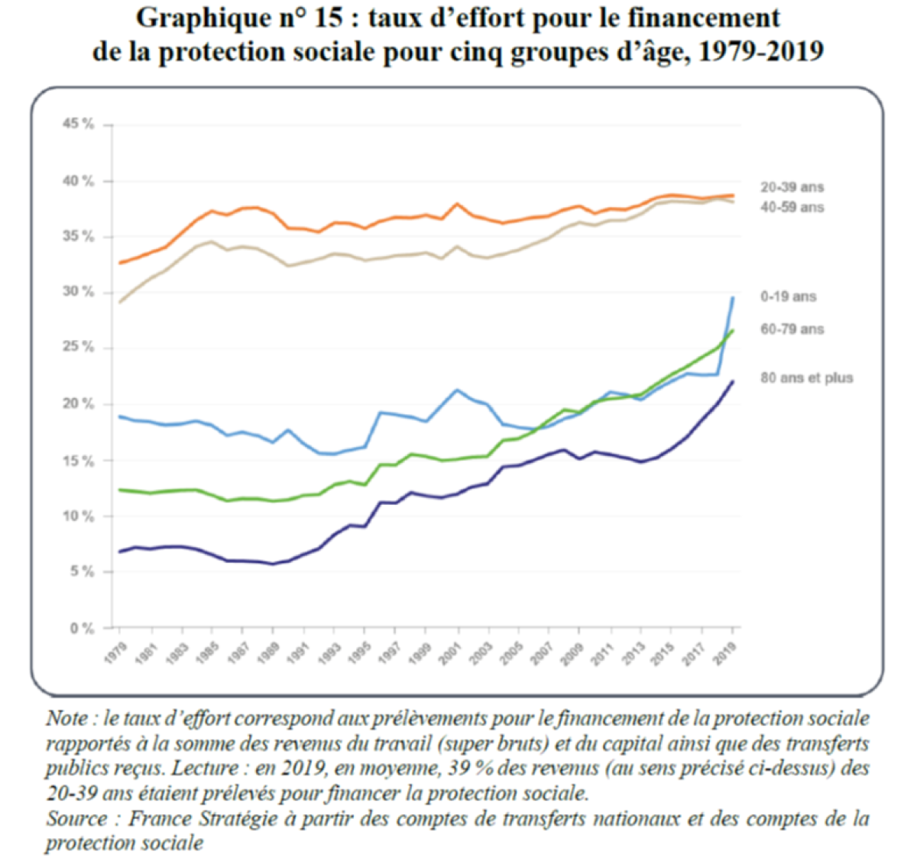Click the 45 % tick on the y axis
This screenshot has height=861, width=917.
click(79, 124)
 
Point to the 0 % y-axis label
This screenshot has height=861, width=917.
click(82, 628)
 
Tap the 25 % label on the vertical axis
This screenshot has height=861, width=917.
click(79, 348)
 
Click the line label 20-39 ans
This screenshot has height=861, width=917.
click(792, 187)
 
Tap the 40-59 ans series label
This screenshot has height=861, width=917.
click(792, 207)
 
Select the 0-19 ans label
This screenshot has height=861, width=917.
click(788, 296)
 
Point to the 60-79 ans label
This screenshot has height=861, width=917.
click(792, 329)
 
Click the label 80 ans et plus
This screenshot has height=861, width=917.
click(806, 377)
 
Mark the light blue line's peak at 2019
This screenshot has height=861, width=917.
click(733, 298)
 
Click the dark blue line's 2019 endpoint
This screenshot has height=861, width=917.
click(733, 381)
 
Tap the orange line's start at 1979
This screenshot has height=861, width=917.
click(120, 263)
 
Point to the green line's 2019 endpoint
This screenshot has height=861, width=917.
click(733, 331)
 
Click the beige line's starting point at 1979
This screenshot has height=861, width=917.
click(120, 302)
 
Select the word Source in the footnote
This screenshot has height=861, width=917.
click(76, 819)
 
